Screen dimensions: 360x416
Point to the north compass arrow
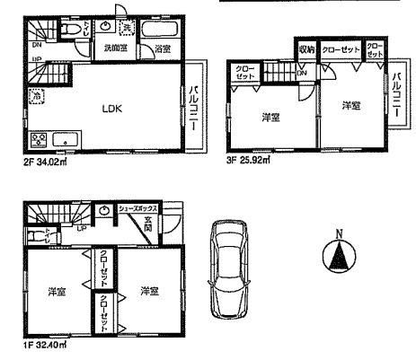tap(339, 259)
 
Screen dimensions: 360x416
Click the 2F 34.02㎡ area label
tap(45, 163)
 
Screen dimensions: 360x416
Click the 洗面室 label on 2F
tap(114, 48)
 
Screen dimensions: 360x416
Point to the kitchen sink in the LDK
tap(66, 140)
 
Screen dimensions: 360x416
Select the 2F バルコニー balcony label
tap(194, 106)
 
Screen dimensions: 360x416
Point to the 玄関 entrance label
tap(173, 224)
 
